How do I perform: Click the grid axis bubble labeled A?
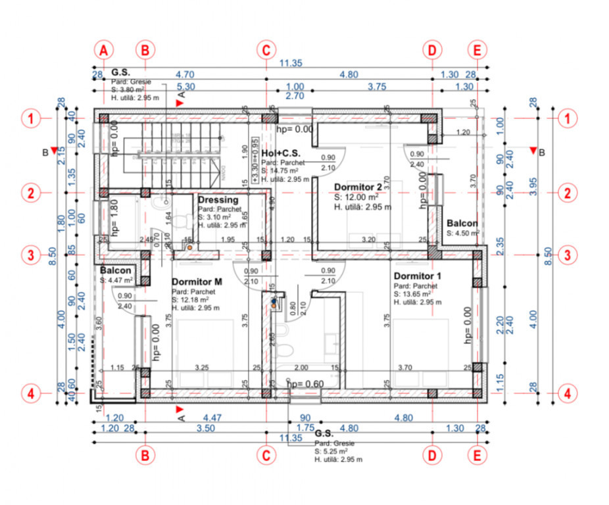(104, 50)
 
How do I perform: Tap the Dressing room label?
(218, 200)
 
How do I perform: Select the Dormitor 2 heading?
(358, 187)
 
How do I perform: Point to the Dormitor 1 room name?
(418, 276)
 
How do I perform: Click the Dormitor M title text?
(197, 281)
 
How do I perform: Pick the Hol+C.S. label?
(281, 153)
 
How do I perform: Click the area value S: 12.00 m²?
(356, 197)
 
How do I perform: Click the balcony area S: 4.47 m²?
(116, 280)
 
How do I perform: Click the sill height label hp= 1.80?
(114, 218)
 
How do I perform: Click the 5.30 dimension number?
(185, 86)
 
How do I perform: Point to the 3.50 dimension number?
(205, 428)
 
